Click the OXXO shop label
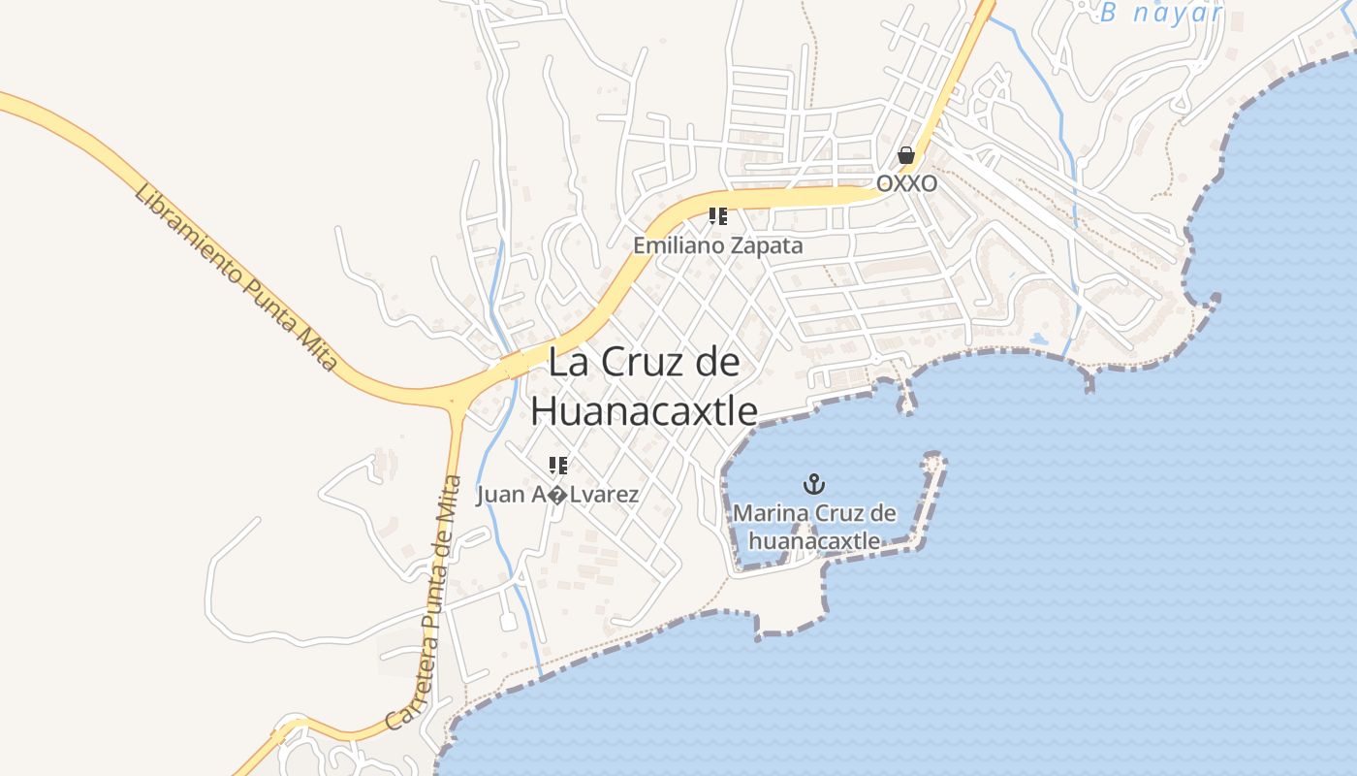click(x=906, y=183)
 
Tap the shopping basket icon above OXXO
click(x=906, y=155)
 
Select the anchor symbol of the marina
click(x=814, y=483)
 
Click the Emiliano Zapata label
click(x=718, y=245)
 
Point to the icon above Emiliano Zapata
click(x=718, y=215)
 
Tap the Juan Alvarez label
click(x=557, y=495)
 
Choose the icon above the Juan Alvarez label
click(x=557, y=466)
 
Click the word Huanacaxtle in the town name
click(x=644, y=410)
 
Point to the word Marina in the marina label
click(x=771, y=513)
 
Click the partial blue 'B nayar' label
click(x=1160, y=14)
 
